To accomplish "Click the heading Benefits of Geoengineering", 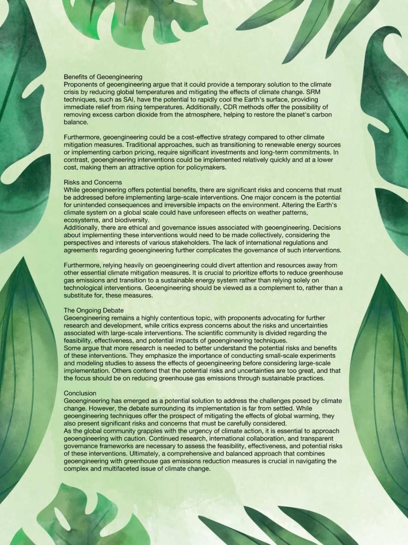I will tap(103, 77).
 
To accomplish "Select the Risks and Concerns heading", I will tap(93, 182).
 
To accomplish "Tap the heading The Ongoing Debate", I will tap(93, 310).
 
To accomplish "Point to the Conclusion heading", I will tap(80, 393).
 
